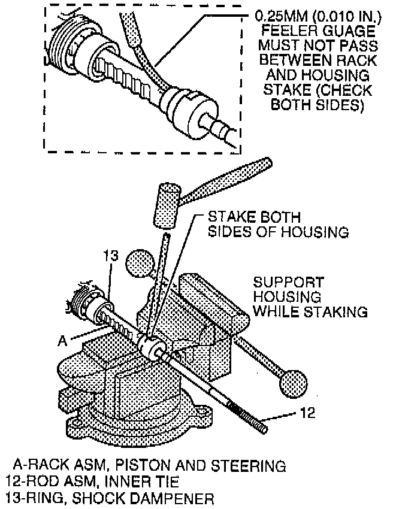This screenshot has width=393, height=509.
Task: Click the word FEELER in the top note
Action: click(281, 31)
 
